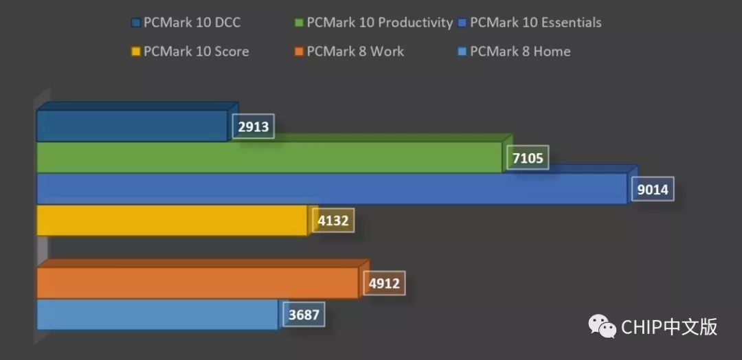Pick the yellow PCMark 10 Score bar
click(172, 221)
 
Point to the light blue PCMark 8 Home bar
click(157, 315)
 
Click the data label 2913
click(254, 126)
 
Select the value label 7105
click(528, 159)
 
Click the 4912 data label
click(384, 283)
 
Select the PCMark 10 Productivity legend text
click(379, 23)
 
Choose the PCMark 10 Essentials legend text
click(535, 23)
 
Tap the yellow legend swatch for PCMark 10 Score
click(135, 52)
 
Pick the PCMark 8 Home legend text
click(520, 52)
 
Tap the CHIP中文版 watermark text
click(669, 327)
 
